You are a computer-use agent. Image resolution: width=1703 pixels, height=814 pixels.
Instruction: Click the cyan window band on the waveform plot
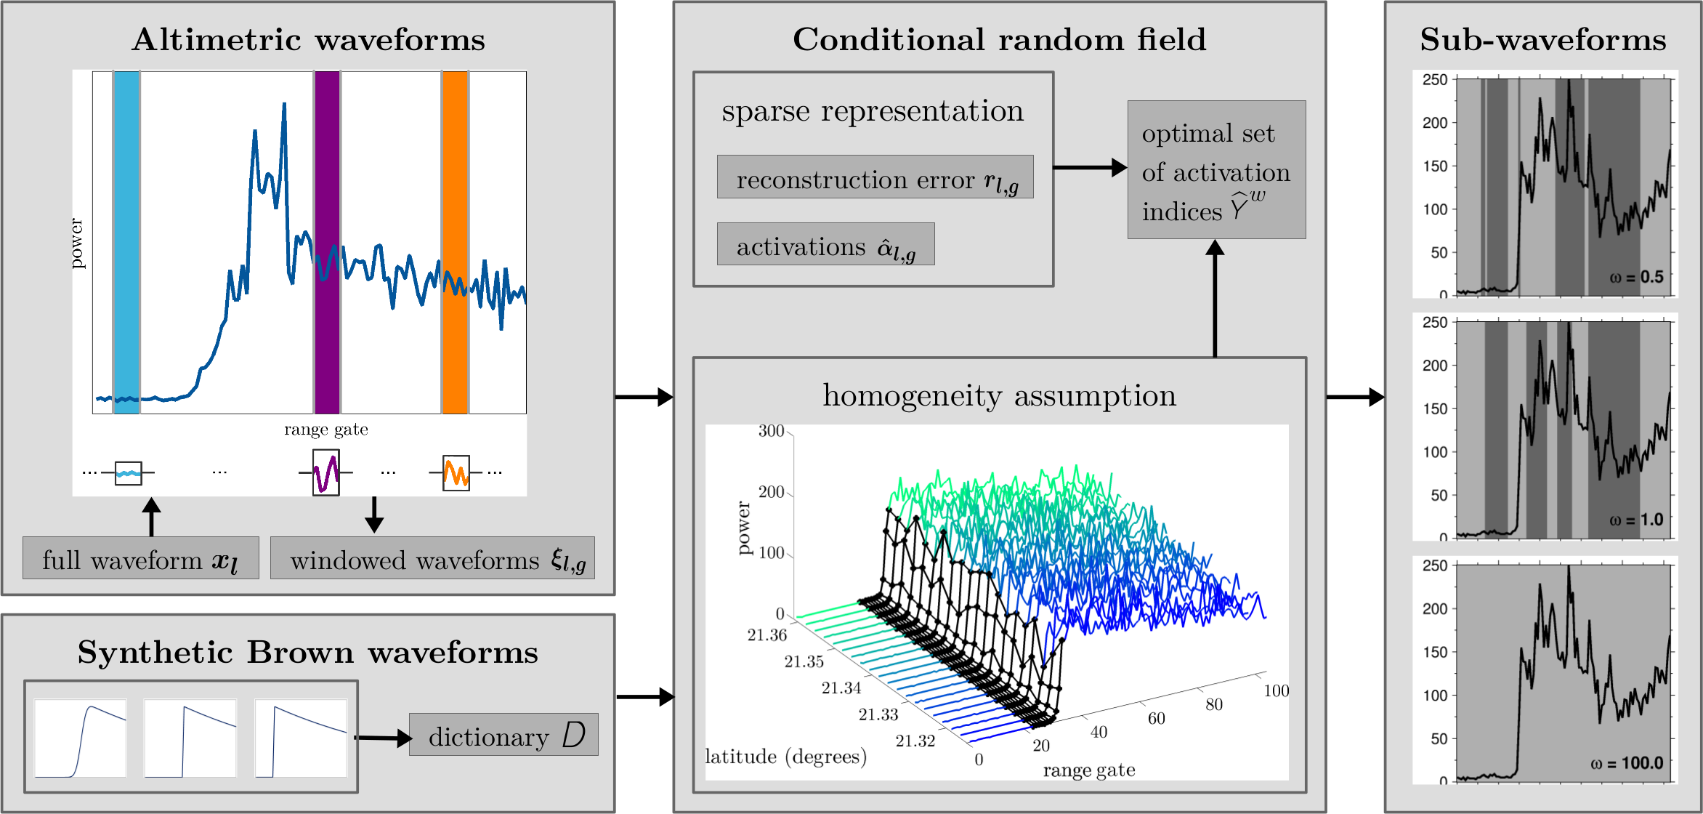pyautogui.click(x=126, y=242)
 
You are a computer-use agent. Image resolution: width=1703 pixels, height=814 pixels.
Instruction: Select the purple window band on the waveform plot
pyautogui.click(x=327, y=242)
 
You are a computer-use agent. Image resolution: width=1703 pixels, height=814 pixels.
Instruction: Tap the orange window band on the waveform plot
pyautogui.click(x=455, y=242)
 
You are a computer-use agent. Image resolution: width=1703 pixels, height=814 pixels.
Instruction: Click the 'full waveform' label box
pyautogui.click(x=141, y=558)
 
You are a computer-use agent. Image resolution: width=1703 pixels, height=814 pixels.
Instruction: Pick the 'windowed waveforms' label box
pyautogui.click(x=432, y=558)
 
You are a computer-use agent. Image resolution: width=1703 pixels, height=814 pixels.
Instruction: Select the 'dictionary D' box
pyautogui.click(x=503, y=735)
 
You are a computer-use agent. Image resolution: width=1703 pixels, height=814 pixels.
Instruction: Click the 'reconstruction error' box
pyautogui.click(x=875, y=177)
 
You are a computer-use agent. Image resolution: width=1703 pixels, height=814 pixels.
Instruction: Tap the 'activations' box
pyautogui.click(x=825, y=244)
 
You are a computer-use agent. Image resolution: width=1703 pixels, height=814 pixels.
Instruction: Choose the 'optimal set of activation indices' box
pyautogui.click(x=1216, y=170)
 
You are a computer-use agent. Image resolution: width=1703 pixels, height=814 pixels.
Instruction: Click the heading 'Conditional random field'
pyautogui.click(x=999, y=39)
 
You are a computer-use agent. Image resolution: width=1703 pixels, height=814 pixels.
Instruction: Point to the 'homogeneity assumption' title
pyautogui.click(x=999, y=396)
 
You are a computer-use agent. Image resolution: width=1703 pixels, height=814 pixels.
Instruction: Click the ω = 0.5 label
pyautogui.click(x=1636, y=277)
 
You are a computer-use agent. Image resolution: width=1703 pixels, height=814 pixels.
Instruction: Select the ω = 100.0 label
pyautogui.click(x=1627, y=763)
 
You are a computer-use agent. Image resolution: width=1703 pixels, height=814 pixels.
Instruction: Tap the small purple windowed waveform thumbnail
pyautogui.click(x=326, y=472)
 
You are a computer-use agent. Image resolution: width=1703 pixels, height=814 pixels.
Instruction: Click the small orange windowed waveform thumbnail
pyautogui.click(x=456, y=473)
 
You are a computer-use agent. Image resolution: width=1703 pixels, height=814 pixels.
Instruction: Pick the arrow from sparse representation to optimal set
pyautogui.click(x=1091, y=168)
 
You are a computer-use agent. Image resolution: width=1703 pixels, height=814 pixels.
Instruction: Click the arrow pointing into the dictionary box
pyautogui.click(x=384, y=738)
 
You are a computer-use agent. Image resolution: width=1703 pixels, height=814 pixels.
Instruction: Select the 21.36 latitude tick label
pyautogui.click(x=767, y=635)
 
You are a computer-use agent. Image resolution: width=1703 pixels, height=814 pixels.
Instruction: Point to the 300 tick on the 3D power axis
pyautogui.click(x=772, y=431)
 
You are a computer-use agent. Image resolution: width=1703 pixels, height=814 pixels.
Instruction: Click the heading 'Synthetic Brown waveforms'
pyautogui.click(x=308, y=652)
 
